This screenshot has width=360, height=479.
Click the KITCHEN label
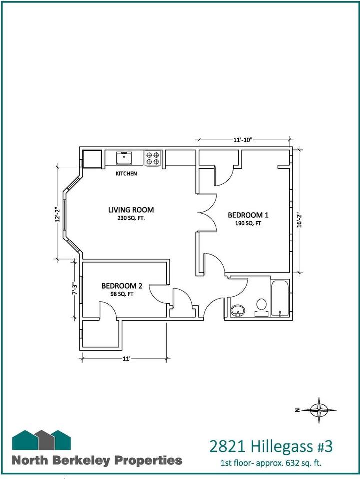click(126, 173)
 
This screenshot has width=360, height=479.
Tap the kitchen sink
click(124, 158)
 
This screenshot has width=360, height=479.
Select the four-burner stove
click(153, 158)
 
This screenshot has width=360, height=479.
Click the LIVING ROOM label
click(131, 210)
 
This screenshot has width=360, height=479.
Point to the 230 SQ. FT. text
click(131, 218)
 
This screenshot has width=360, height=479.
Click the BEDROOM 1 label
click(248, 215)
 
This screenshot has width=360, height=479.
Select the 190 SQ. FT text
click(248, 223)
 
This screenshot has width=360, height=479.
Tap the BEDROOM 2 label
click(122, 286)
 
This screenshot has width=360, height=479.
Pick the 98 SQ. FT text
click(122, 294)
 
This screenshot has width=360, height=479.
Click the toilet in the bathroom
click(261, 307)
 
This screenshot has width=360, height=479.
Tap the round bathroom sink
click(238, 311)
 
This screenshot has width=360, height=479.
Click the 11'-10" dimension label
click(242, 140)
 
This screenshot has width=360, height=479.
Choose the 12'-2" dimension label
click(57, 215)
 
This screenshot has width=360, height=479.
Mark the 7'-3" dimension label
click(74, 288)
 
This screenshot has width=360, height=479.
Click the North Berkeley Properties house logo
click(41, 440)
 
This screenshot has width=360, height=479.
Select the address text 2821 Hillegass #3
click(271, 446)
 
